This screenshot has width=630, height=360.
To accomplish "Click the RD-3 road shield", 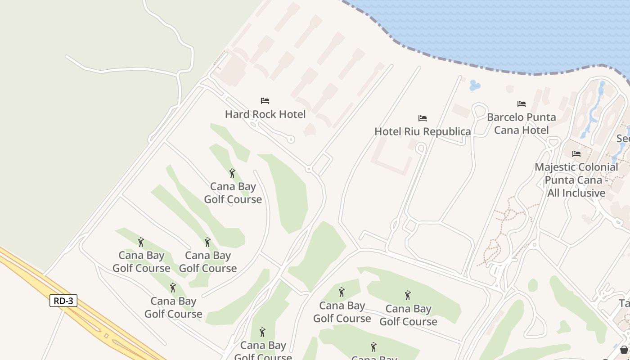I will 63,301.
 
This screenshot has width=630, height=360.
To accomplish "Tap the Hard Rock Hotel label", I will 265,114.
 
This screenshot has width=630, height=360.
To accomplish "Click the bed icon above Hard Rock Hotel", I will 265,101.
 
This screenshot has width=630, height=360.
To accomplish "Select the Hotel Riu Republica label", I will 423,131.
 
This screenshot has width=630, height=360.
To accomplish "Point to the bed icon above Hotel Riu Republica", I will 423,118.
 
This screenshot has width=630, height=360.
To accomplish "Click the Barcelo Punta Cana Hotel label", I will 521,124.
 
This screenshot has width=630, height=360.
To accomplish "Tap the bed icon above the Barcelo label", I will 522,104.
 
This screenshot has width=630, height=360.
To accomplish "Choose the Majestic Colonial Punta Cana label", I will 576,180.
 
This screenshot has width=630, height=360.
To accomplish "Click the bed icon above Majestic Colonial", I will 576,154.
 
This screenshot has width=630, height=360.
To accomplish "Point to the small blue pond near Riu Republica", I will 474,85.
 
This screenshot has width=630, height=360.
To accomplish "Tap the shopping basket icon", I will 624,350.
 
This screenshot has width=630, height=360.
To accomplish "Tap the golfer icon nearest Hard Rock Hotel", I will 232,173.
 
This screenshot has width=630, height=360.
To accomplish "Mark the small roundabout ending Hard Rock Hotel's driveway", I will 291,139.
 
